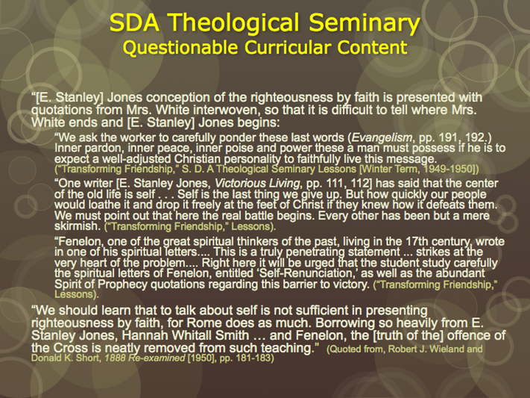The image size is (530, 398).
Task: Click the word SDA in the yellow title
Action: pos(134,22)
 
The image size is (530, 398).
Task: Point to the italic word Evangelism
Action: pos(382,137)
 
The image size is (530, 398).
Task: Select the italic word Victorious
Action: pos(236,183)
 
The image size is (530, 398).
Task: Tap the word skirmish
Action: pos(78,226)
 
